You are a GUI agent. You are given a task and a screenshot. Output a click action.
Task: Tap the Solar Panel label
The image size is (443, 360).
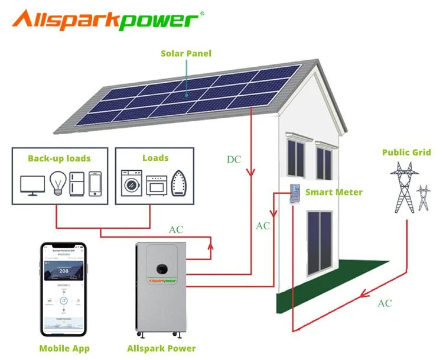coord(186,53)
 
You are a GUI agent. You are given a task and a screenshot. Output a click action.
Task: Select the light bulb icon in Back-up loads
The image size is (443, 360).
coord(57,183)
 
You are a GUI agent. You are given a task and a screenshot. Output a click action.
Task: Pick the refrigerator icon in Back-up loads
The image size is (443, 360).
coord(77,183)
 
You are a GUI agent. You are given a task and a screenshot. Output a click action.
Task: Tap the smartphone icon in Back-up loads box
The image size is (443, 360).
coord(95,183)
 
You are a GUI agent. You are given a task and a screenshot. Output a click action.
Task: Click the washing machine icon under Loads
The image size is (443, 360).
coord(131,183)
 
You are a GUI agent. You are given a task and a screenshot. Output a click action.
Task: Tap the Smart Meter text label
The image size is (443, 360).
coord(334,192)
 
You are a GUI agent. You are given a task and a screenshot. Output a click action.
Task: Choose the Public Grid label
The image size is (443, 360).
coord(406,153)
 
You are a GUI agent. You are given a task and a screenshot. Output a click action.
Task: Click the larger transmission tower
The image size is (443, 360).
coord(403,186)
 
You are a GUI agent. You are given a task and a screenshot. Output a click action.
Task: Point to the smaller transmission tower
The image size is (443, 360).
coord(424,198)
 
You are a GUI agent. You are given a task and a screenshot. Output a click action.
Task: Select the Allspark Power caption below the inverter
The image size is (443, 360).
coord(161,348)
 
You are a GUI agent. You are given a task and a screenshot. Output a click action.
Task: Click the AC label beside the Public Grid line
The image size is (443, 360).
coord(385,303)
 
